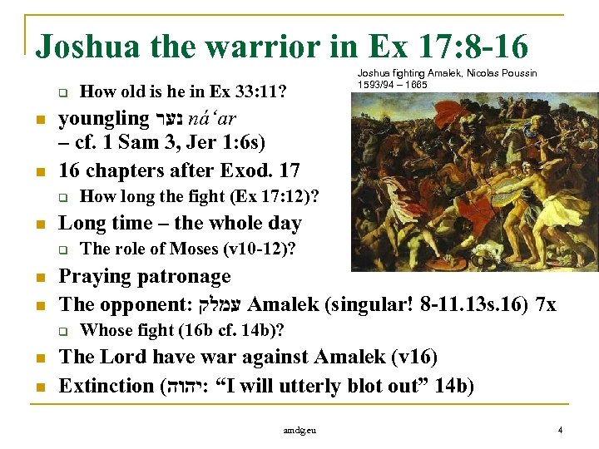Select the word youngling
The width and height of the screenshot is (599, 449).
click(x=102, y=119)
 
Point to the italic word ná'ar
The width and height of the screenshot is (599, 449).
click(x=217, y=119)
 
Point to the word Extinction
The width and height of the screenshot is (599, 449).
click(x=106, y=386)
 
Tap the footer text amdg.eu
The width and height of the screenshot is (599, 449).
click(x=299, y=431)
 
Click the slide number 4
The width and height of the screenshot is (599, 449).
click(x=561, y=430)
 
